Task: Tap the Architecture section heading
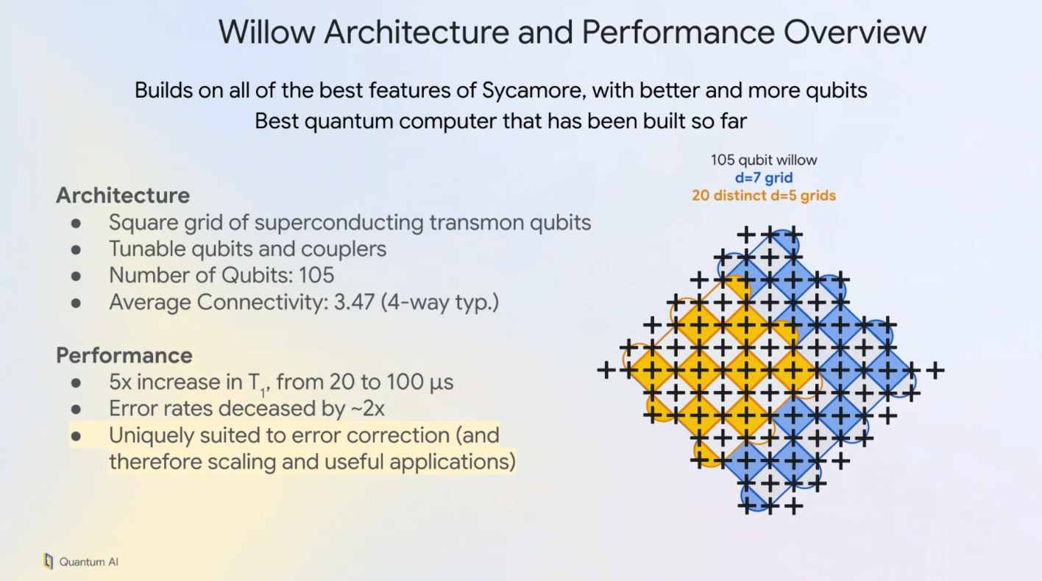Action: pyautogui.click(x=123, y=196)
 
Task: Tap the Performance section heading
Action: pyautogui.click(x=124, y=355)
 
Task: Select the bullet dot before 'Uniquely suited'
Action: pyautogui.click(x=76, y=436)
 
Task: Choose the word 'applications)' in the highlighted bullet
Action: pyautogui.click(x=453, y=462)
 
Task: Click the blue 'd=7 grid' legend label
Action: pyautogui.click(x=764, y=178)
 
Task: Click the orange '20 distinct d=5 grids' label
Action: pyautogui.click(x=764, y=196)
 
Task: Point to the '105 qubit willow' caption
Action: pyautogui.click(x=764, y=160)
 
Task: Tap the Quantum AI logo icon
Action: pyautogui.click(x=49, y=561)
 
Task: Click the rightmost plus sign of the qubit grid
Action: pyautogui.click(x=935, y=369)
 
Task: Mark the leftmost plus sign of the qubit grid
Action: pyautogui.click(x=606, y=369)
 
